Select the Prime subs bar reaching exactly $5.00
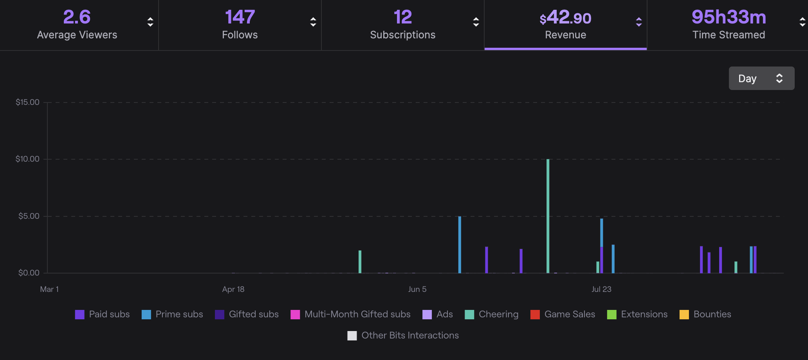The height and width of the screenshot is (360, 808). click(460, 245)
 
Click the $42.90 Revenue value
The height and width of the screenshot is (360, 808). click(565, 18)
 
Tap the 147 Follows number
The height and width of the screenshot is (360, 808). click(240, 17)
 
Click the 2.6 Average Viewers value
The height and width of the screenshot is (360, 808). click(77, 17)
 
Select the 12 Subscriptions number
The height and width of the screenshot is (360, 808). click(402, 17)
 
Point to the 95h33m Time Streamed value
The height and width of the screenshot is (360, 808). click(729, 17)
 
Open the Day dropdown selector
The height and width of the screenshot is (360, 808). click(761, 78)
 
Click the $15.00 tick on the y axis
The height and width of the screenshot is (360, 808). click(27, 103)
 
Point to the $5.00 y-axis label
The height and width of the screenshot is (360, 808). click(29, 216)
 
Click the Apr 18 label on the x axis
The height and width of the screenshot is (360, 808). click(233, 289)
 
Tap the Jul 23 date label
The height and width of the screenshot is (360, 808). click(601, 289)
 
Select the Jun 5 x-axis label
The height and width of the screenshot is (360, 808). click(417, 289)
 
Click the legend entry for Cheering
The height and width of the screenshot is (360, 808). click(498, 314)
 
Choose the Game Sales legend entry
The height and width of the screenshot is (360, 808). click(569, 314)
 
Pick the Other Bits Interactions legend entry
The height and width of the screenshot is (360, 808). click(409, 335)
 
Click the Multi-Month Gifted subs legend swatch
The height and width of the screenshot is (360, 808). click(295, 315)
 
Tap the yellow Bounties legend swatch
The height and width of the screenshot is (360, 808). click(684, 315)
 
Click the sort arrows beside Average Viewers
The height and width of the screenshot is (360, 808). click(150, 22)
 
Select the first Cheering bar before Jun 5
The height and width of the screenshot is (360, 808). click(360, 261)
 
